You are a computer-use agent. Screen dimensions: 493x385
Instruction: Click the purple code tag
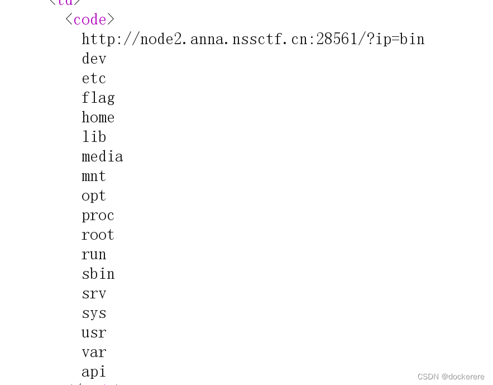point(89,20)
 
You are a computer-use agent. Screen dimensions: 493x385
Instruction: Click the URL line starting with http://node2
point(253,39)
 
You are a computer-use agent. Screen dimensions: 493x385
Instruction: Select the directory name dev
point(94,59)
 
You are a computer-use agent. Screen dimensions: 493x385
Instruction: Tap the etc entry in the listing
point(94,78)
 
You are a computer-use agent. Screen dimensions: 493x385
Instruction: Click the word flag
point(98,98)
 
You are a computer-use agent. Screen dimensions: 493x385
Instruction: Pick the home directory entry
point(98,117)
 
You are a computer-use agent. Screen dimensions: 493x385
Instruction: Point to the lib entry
point(94,137)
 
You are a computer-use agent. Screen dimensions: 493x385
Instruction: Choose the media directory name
point(102,156)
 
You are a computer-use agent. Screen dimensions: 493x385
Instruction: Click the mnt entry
point(94,177)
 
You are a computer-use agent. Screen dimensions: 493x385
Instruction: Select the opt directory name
point(94,196)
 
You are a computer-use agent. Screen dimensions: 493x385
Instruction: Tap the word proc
point(98,216)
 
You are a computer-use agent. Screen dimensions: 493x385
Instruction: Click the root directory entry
point(98,235)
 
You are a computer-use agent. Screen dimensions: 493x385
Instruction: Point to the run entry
point(94,255)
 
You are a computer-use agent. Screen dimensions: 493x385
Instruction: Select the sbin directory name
point(98,274)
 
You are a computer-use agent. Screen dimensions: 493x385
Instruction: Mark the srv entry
point(94,294)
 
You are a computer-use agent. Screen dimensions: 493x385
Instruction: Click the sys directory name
point(94,313)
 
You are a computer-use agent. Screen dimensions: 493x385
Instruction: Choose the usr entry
point(94,333)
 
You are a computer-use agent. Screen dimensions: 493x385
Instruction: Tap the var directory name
point(94,353)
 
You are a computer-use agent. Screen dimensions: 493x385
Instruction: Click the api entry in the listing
point(94,372)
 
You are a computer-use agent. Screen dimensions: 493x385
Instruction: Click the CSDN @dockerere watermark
point(451,377)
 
